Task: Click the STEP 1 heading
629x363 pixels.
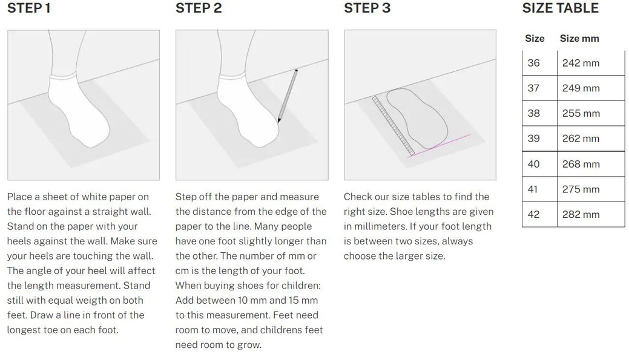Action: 29,8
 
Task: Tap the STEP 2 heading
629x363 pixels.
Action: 199,8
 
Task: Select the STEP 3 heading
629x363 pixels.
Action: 367,8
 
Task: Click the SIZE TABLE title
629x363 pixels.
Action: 561,8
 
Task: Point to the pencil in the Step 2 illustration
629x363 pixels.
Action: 288,96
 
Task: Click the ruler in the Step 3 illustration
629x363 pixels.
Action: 393,126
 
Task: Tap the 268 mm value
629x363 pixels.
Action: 581,163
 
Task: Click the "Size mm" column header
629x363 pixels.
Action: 579,39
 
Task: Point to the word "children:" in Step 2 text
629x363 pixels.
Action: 300,286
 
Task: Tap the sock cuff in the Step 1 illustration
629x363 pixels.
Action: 64,76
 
